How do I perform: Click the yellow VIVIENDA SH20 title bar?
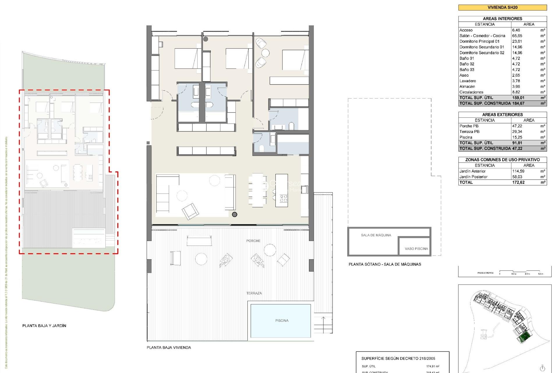point(502,8)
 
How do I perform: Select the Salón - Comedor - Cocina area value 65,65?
point(517,36)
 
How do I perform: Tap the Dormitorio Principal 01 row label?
point(479,41)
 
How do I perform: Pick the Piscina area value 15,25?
point(517,137)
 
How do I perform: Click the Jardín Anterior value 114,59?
point(518,171)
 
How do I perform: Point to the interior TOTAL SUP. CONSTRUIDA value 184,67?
point(518,103)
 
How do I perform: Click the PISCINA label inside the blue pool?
point(282,321)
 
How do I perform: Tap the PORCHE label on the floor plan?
point(253,241)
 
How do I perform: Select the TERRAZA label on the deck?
point(254,293)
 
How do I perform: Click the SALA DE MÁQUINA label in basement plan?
point(376,235)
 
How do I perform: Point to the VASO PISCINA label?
point(416,249)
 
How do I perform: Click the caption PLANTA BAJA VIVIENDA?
point(169,347)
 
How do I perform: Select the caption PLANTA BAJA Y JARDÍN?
point(44,326)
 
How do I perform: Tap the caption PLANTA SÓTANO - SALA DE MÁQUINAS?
point(385,264)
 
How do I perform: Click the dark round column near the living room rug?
point(234,214)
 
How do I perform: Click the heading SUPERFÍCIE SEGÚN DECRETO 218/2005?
point(398,358)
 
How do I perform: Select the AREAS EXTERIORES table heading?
point(502,115)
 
